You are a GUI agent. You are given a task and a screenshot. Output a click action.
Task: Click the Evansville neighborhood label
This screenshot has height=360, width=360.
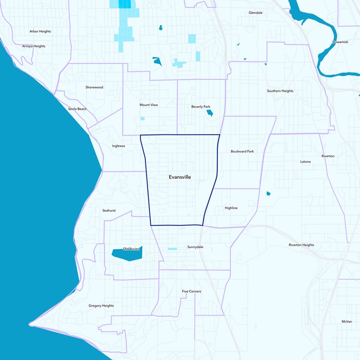pos(180,177)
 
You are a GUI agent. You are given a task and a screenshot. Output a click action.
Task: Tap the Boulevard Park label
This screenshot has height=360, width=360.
pos(242,152)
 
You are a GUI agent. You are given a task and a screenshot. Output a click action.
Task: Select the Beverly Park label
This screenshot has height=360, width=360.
pos(201,107)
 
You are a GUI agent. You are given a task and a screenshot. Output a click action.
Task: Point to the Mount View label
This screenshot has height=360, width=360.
pos(148,105)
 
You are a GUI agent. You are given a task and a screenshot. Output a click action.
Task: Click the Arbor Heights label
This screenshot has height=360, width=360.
pos(40,31)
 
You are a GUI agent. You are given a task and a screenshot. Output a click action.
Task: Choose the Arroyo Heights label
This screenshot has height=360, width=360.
pos(34,46)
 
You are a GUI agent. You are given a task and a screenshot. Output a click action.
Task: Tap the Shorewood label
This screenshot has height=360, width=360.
pos(94,87)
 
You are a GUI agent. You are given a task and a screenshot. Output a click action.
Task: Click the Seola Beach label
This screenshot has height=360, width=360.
pos(77,109)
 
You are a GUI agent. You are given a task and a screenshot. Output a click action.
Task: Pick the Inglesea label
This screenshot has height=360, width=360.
pos(119,146)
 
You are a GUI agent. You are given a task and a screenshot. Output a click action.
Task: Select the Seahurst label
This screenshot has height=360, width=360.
pos(109,210)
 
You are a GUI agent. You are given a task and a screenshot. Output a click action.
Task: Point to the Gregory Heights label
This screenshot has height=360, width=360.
pos(101,306)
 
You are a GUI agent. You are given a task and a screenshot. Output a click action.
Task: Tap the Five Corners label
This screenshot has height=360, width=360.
pos(192,292)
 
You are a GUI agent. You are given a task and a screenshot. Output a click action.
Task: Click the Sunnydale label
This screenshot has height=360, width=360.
pos(195,247)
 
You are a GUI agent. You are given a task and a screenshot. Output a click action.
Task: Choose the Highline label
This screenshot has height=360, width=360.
pos(231,208)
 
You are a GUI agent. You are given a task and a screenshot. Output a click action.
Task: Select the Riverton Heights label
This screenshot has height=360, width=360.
pos(301,245)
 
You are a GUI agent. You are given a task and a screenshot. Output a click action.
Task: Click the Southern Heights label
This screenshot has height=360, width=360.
pos(280,91)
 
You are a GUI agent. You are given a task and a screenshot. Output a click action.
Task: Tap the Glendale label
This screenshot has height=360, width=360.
pos(256,13)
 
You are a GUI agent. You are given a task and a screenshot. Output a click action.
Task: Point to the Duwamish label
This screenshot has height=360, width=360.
pos(340,42)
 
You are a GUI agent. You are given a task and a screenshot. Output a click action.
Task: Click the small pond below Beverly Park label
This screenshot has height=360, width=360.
pos(209,113)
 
